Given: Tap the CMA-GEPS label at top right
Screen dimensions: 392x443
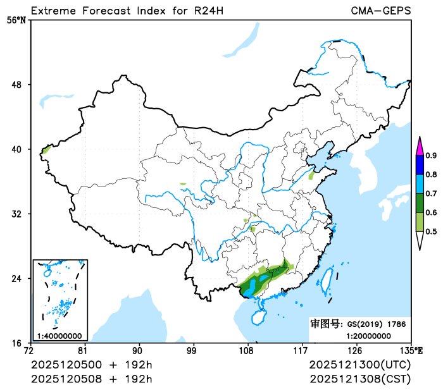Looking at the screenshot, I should [380, 11].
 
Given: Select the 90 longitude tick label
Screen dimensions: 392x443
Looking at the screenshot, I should [137, 350].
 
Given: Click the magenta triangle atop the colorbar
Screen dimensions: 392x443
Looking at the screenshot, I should [419, 146].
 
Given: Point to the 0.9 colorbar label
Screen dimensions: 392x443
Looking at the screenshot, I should [431, 156].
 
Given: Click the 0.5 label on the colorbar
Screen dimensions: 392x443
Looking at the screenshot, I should [431, 231].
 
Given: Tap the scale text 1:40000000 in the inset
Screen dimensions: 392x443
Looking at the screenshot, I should [59, 336].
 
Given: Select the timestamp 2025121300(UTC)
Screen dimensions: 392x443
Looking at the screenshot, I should [360, 365].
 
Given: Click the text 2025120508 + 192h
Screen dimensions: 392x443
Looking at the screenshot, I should [92, 379].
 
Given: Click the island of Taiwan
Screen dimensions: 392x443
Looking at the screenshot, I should [328, 279].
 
